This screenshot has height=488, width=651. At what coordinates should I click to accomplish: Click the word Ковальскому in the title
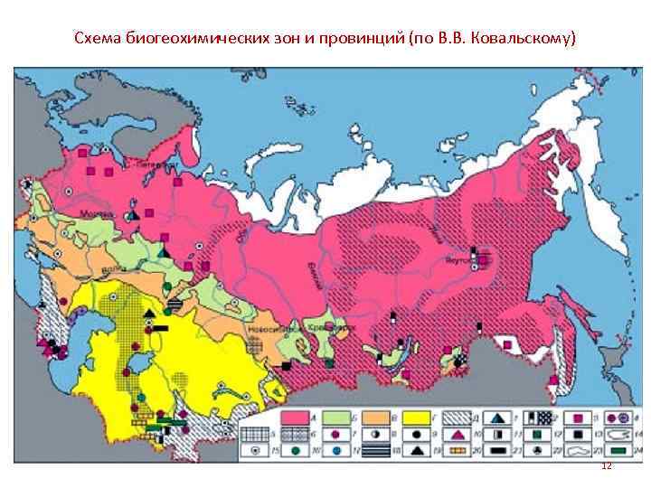(526, 41)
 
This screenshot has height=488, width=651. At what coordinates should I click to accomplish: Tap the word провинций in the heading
(360, 41)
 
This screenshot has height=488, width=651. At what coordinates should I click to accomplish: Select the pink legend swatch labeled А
(295, 415)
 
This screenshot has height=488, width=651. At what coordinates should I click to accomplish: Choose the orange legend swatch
(379, 415)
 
